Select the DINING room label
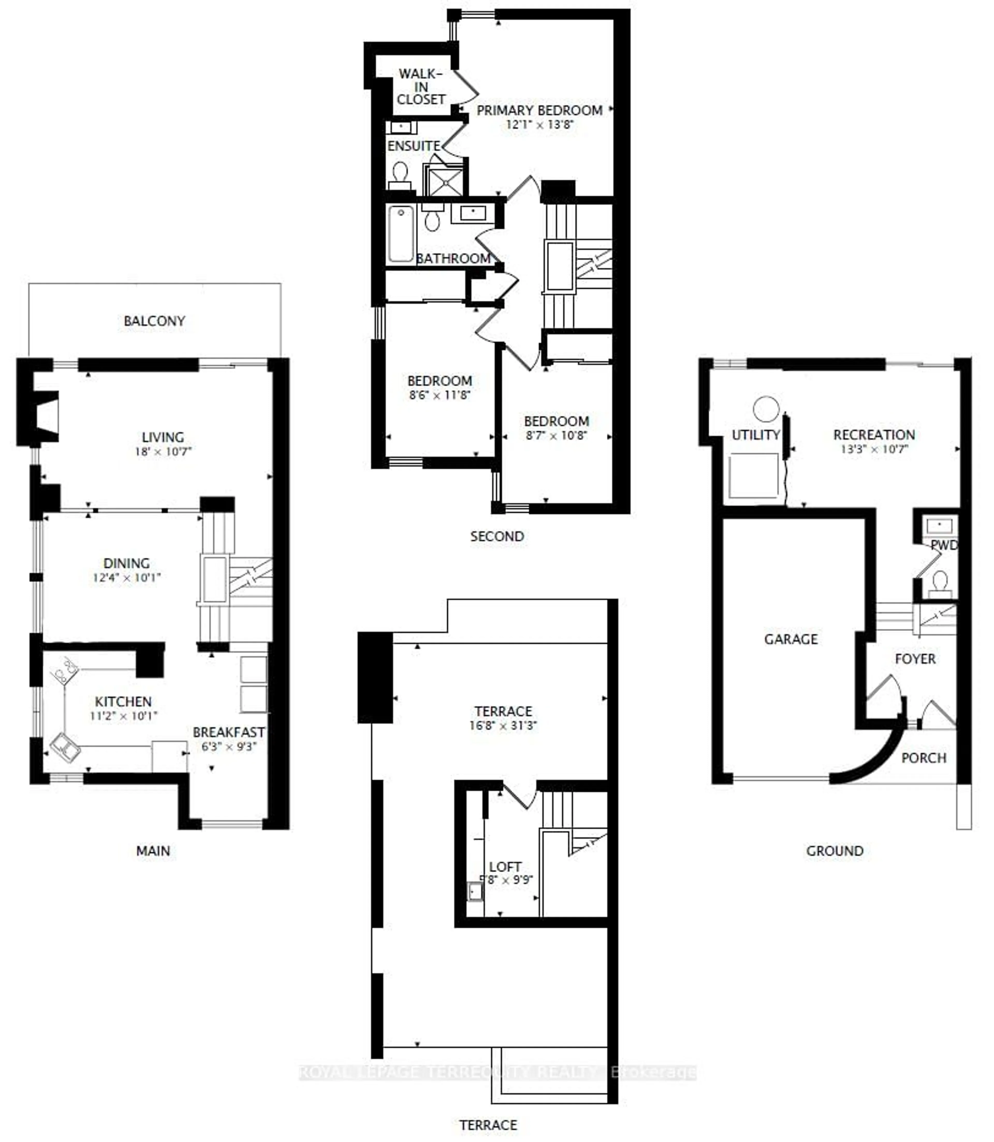coord(127,563)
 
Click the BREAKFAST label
coord(229,732)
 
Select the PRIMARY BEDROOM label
coord(539,110)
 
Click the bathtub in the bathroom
coord(400,233)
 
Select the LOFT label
coord(505,866)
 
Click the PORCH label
coord(924,758)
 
